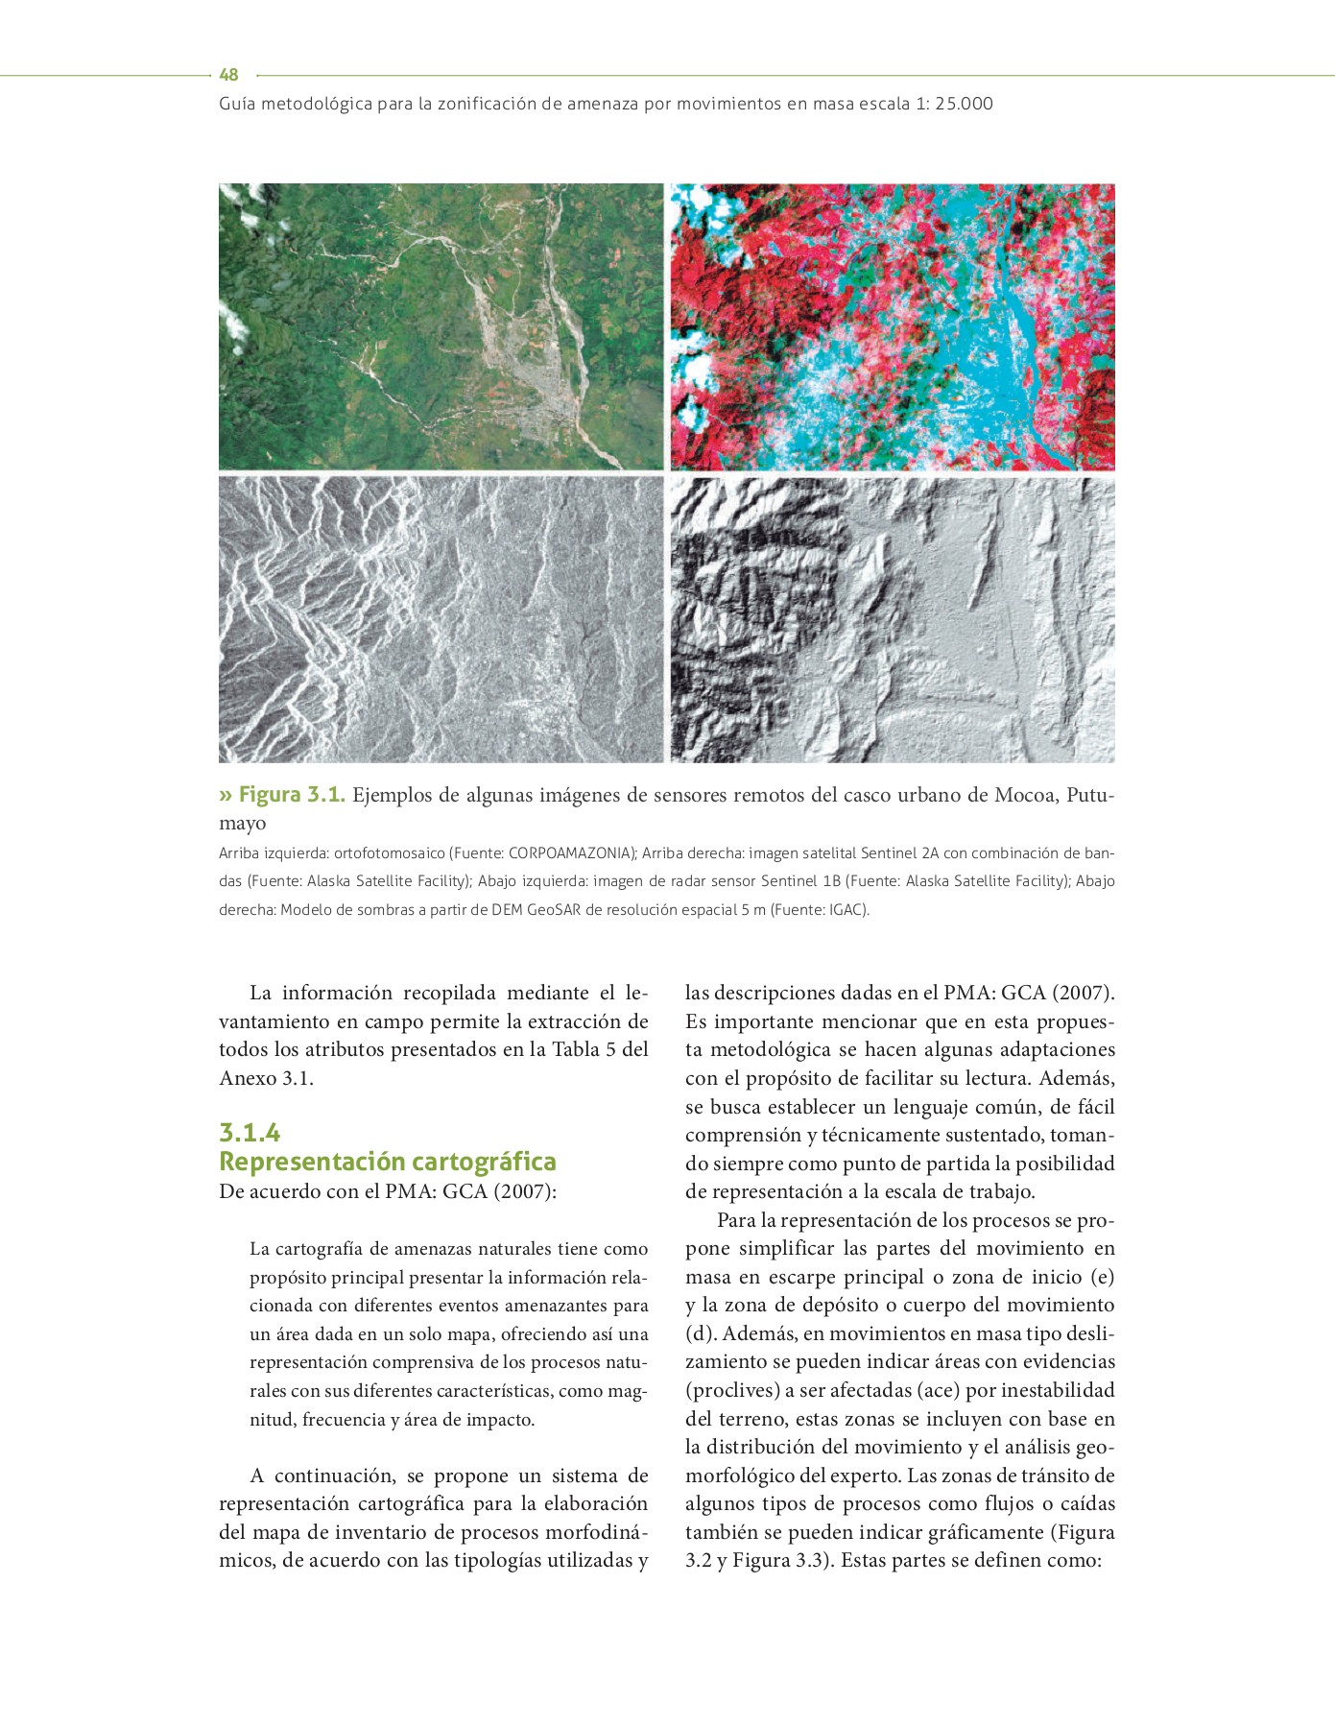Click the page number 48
(228, 75)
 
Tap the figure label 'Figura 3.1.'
(291, 795)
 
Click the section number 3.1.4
(250, 1133)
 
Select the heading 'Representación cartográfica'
(388, 1162)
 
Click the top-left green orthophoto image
(441, 326)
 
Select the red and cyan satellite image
(893, 326)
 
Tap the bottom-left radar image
(441, 619)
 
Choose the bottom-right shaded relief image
(893, 619)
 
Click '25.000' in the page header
(964, 104)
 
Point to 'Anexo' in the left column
(248, 1078)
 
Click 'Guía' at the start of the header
(237, 104)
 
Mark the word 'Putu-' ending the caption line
(1090, 795)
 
